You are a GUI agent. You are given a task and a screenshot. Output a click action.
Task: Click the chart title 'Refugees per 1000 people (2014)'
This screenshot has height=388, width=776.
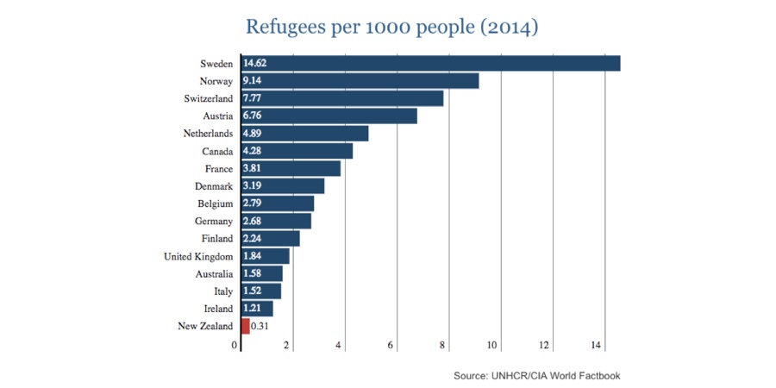pyautogui.click(x=392, y=27)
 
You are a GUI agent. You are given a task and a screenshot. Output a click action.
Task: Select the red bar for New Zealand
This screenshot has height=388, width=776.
pyautogui.click(x=246, y=326)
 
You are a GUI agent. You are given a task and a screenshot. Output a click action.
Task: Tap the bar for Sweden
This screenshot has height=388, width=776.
pyautogui.click(x=431, y=63)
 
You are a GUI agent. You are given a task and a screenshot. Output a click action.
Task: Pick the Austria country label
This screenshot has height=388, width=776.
pyautogui.click(x=216, y=116)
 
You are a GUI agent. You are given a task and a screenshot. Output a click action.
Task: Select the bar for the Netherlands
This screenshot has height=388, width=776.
pyautogui.click(x=305, y=134)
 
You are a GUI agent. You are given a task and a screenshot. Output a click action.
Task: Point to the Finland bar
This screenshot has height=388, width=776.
pyautogui.click(x=271, y=239)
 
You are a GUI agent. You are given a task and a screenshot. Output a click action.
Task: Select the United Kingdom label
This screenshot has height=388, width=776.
pyautogui.click(x=198, y=256)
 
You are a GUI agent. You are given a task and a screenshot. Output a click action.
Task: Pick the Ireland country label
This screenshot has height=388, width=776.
pyautogui.click(x=217, y=309)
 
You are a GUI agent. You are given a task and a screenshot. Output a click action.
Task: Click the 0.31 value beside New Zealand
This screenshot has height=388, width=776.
pyautogui.click(x=260, y=326)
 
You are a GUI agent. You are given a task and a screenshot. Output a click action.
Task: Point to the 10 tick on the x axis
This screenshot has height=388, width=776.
pyautogui.click(x=494, y=346)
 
